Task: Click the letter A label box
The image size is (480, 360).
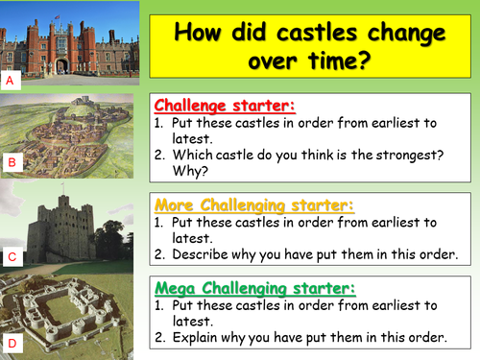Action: click(x=10, y=82)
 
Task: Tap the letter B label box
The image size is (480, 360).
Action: click(x=10, y=163)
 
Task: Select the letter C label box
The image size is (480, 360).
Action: click(x=10, y=256)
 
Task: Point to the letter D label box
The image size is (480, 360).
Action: click(x=10, y=343)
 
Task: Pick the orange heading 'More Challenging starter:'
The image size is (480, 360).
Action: click(x=253, y=205)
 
